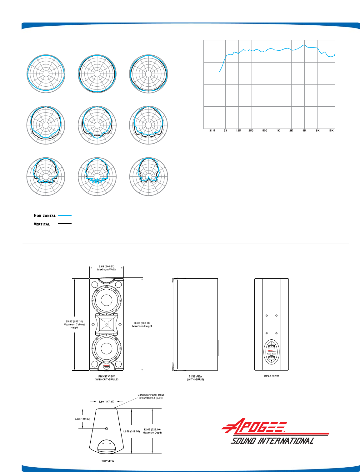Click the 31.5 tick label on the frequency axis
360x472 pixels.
click(x=212, y=130)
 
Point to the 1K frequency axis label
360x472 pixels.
click(x=278, y=130)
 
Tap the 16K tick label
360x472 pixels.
click(x=331, y=130)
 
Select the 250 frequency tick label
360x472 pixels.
click(x=251, y=130)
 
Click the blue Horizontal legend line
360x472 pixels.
click(x=65, y=216)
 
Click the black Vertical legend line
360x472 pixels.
click(x=65, y=224)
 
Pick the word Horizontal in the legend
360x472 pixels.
click(x=45, y=216)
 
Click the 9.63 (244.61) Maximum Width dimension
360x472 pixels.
click(x=107, y=268)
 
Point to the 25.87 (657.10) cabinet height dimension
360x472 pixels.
click(x=74, y=324)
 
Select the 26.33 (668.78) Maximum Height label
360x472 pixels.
click(x=142, y=324)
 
